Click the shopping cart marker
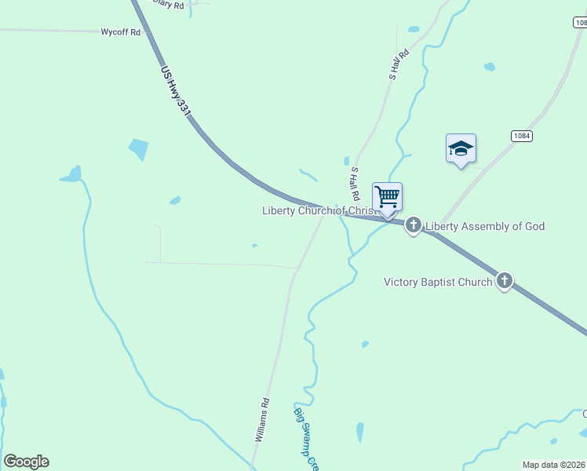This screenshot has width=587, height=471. tap(387, 196)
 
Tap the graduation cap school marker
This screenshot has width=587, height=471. tap(461, 148)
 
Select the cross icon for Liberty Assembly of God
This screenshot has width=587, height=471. tap(414, 226)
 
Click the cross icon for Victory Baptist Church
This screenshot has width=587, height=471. tap(504, 280)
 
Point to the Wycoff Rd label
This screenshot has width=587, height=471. tap(120, 32)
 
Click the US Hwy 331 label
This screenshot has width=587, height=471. tap(176, 91)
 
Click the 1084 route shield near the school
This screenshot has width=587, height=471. tap(521, 136)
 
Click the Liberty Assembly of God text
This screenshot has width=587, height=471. tap(484, 227)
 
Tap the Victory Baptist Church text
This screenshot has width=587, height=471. tap(438, 281)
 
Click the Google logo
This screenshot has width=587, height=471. tap(26, 462)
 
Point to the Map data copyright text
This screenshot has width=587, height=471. tap(554, 465)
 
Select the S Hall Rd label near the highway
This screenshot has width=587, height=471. tap(355, 183)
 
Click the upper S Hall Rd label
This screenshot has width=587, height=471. tap(399, 65)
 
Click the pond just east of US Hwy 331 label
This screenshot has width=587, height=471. tap(138, 148)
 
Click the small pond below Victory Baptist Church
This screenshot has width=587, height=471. tap(364, 344)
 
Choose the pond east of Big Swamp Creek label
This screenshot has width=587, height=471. tap(359, 432)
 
